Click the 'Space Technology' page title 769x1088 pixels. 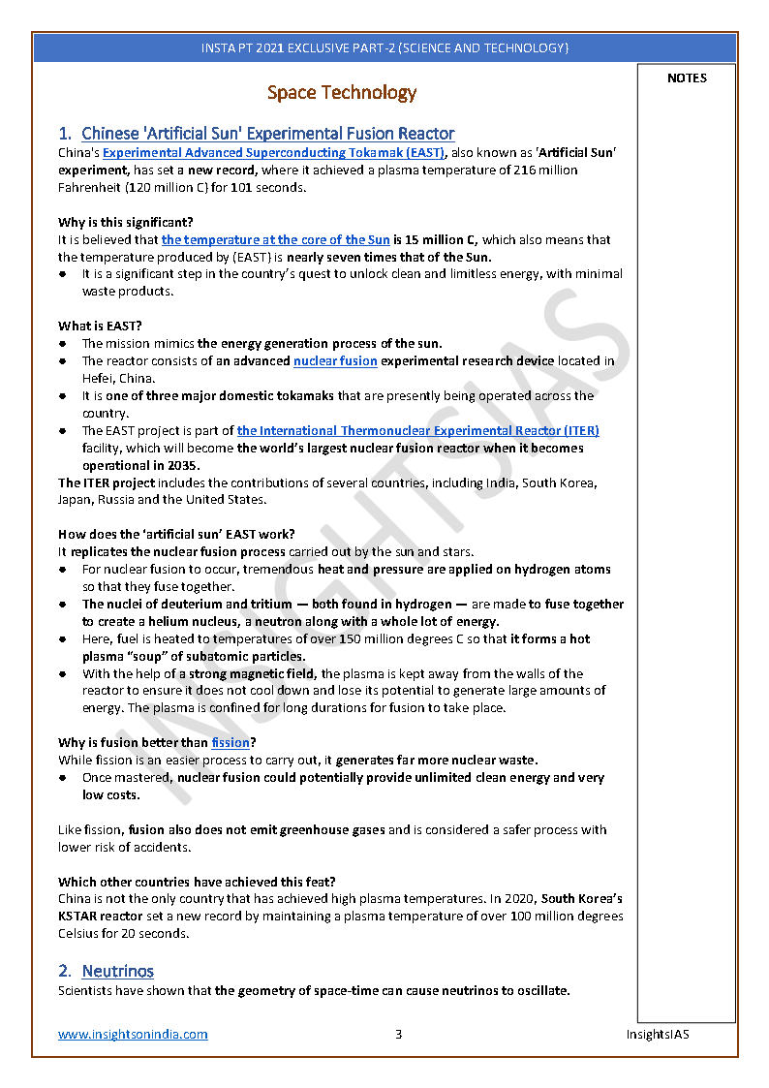(342, 93)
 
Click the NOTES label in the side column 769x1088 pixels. (687, 78)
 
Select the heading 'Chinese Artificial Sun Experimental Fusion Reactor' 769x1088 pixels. (267, 134)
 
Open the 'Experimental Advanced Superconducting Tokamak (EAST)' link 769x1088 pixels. (274, 153)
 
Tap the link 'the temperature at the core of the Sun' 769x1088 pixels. (276, 240)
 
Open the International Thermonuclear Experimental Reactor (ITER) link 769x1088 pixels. (417, 431)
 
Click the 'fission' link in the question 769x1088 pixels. (231, 743)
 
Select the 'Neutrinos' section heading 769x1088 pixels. (117, 971)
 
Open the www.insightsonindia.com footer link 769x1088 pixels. (133, 1034)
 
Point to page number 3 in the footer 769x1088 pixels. (398, 1034)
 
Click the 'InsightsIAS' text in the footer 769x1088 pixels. (657, 1034)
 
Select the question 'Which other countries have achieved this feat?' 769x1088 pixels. (197, 882)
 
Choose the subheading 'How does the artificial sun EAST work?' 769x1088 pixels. (176, 535)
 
